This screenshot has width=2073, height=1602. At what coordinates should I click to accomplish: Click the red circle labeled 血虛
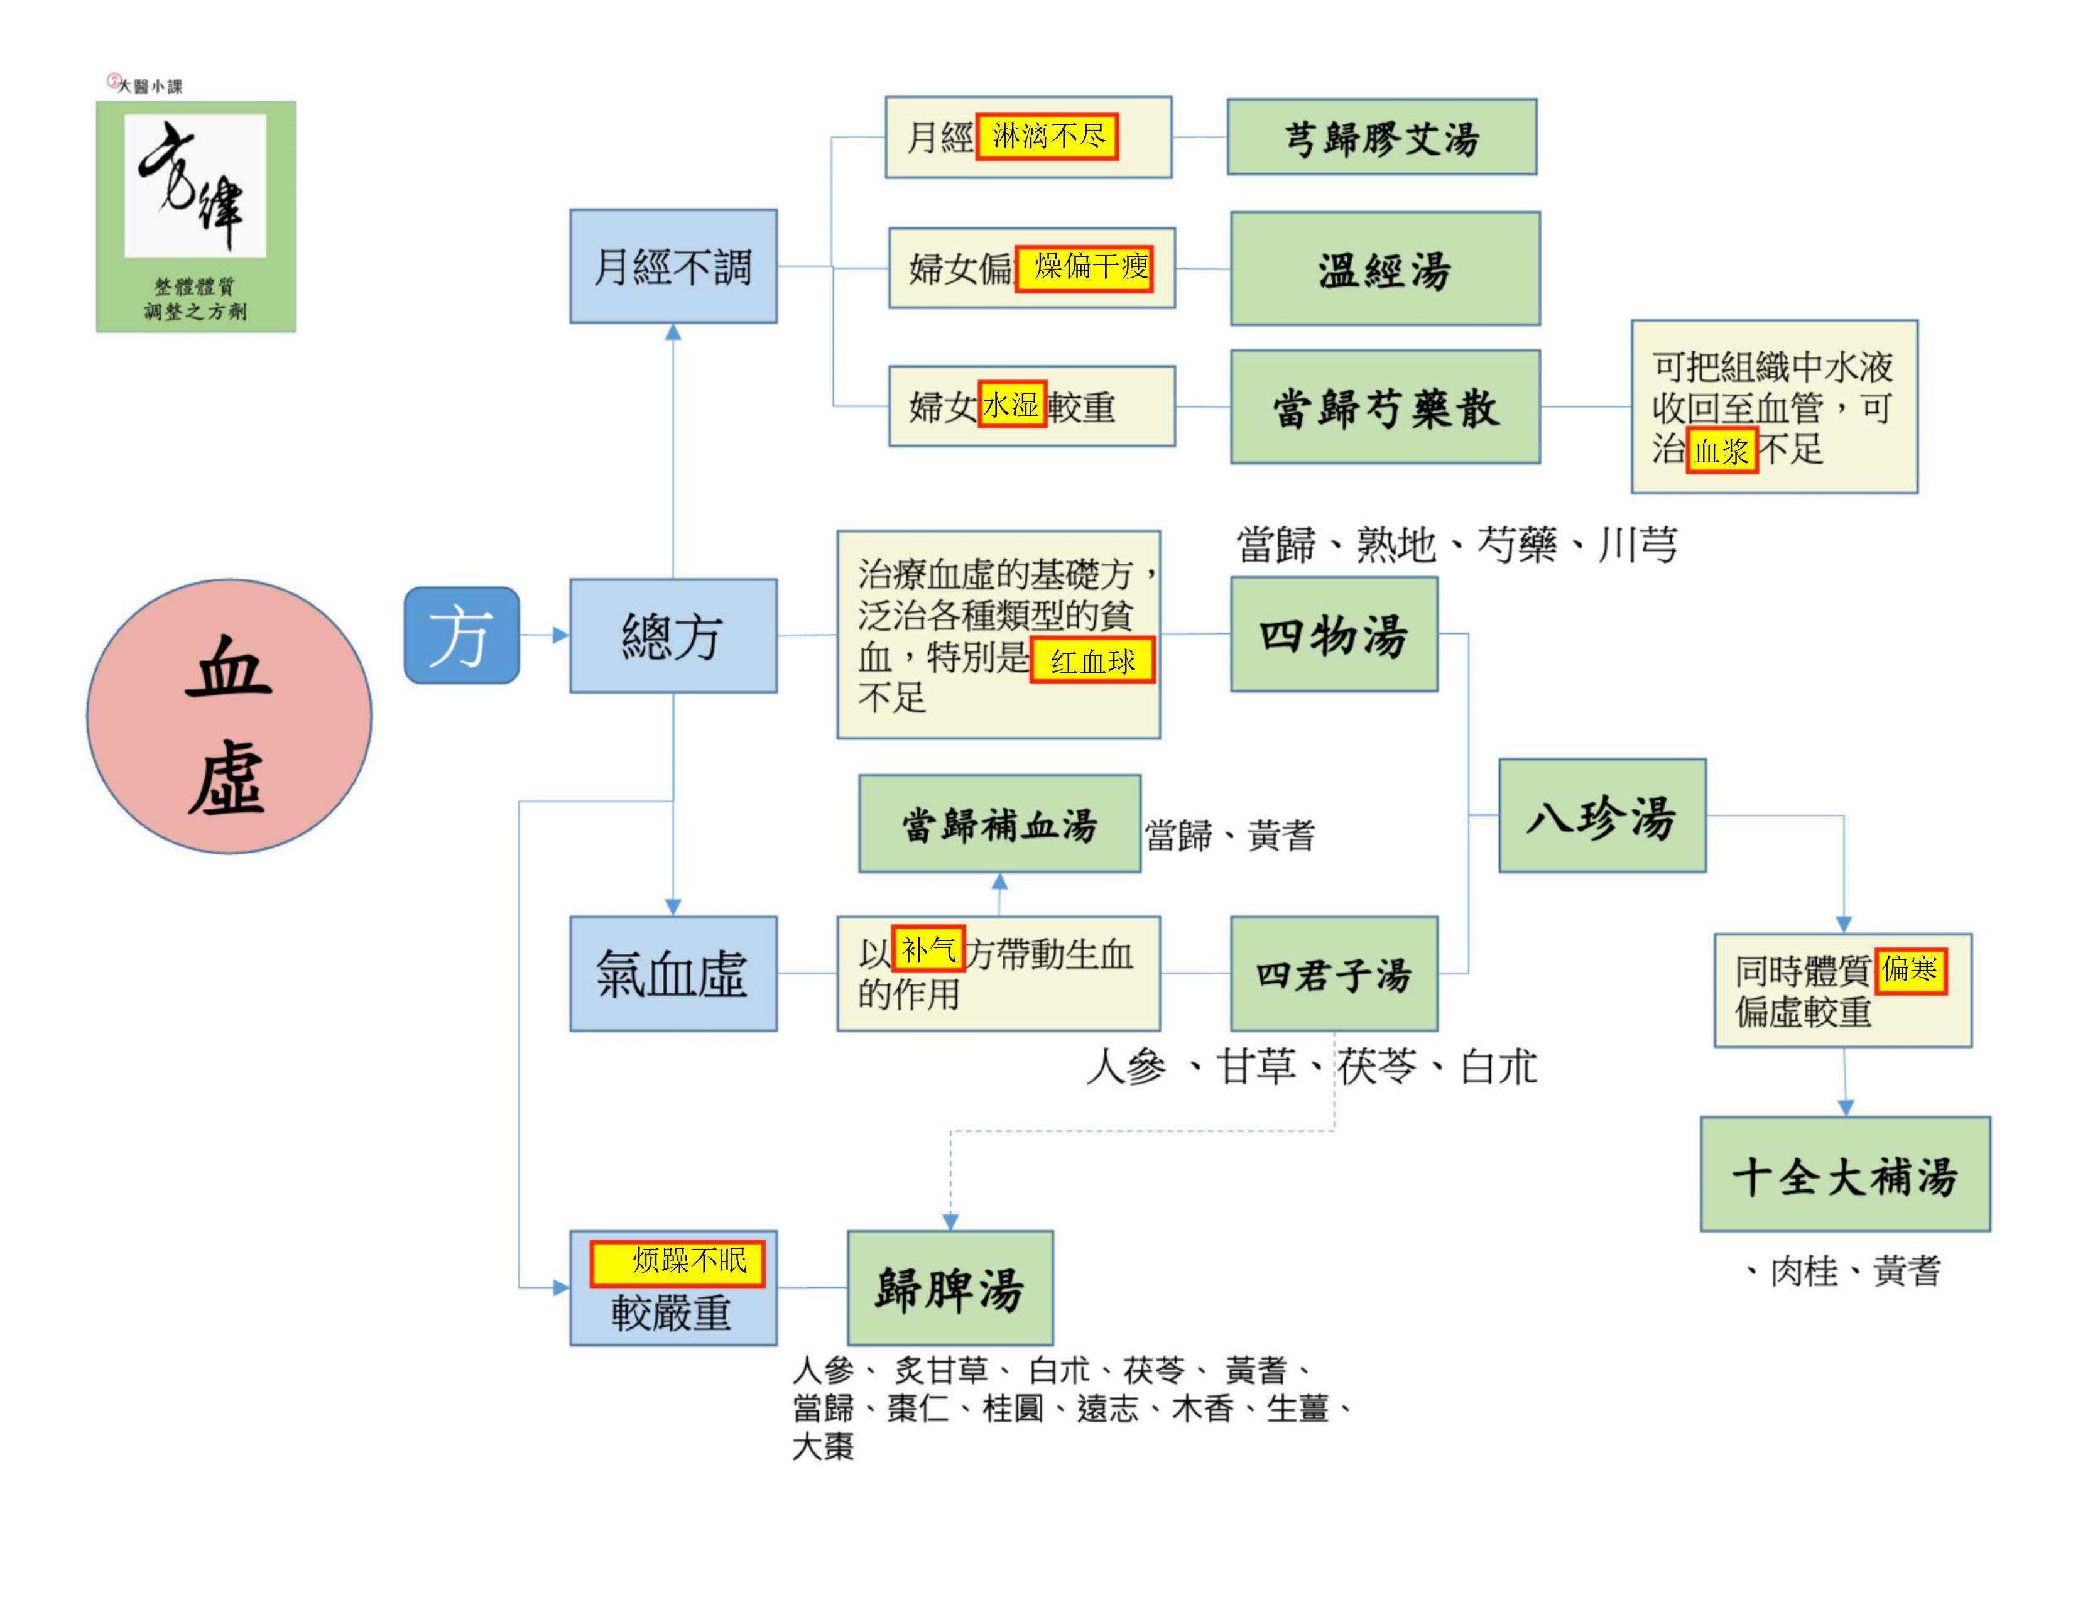click(x=229, y=717)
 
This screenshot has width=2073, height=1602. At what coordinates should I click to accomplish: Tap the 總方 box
click(x=673, y=635)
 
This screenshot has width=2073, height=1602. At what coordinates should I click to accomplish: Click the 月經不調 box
click(x=673, y=266)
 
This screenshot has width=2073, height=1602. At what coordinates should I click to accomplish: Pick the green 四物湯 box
click(x=1334, y=634)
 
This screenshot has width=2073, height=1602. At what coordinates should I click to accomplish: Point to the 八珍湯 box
click(x=1602, y=815)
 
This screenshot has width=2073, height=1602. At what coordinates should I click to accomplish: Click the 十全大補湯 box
click(x=1845, y=1174)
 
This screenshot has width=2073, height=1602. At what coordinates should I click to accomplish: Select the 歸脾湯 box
click(x=950, y=1288)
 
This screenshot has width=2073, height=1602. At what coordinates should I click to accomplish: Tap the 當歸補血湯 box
click(x=999, y=823)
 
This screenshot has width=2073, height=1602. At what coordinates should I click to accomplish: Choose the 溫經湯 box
click(x=1385, y=269)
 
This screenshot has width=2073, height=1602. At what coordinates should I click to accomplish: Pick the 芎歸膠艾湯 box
click(x=1382, y=137)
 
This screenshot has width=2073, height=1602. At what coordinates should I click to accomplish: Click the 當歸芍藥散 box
click(x=1385, y=406)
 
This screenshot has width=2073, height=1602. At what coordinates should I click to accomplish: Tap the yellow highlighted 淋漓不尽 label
click(x=1047, y=137)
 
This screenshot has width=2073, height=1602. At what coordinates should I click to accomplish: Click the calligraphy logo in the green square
click(x=195, y=185)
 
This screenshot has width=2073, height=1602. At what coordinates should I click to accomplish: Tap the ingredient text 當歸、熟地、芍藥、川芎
click(x=1457, y=545)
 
